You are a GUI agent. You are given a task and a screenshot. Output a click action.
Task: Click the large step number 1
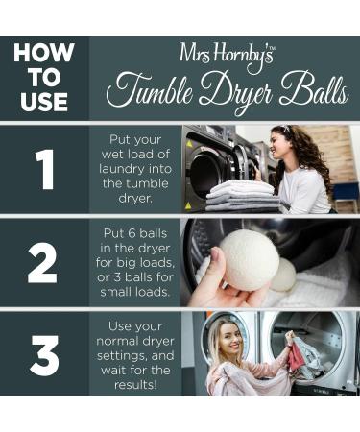pos(43,169)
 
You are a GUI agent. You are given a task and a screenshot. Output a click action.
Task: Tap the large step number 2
pos(43,262)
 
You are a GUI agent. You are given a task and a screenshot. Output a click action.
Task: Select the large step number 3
pos(43,355)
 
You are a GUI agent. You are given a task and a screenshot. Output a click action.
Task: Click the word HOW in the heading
pos(43,53)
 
